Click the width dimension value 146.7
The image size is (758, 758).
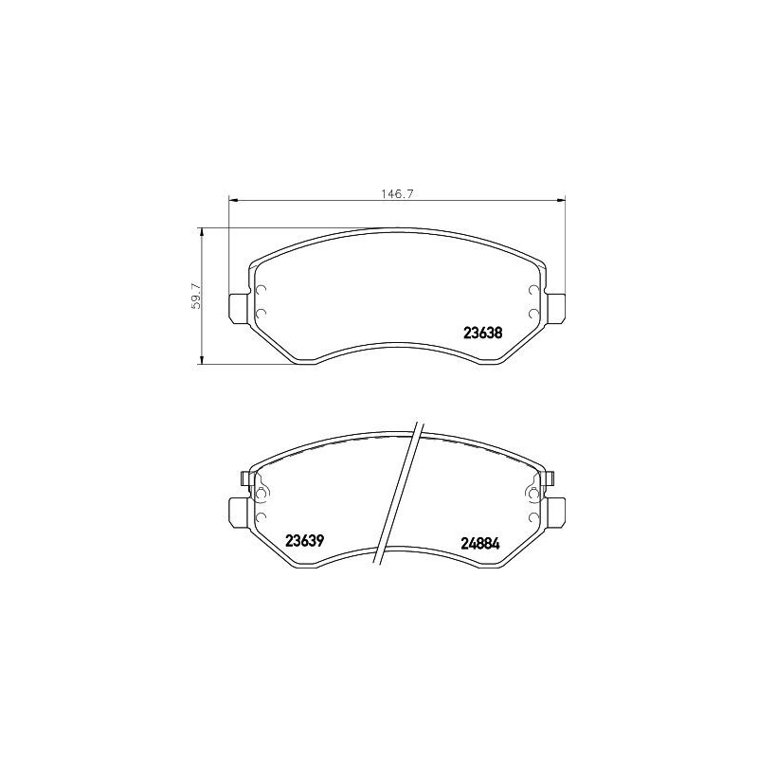coord(398,192)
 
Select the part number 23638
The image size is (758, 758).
coord(481,333)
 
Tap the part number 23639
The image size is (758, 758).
coord(305,541)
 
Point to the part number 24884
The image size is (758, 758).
coord(480,544)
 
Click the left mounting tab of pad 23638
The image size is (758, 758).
coord(240,308)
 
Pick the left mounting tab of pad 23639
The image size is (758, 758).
coord(240,513)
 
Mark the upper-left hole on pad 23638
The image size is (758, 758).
coord(262,291)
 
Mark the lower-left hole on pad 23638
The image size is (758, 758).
coord(262,312)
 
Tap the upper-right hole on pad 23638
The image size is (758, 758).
coord(533,291)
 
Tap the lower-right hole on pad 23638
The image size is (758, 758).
coord(533,312)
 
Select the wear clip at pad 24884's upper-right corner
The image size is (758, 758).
coord(547,478)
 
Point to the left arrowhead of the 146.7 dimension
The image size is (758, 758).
coord(233,199)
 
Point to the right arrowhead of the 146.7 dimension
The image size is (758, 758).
coord(562,199)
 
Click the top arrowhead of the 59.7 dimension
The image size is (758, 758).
coord(202,231)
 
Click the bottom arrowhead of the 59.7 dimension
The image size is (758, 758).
coord(202,359)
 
